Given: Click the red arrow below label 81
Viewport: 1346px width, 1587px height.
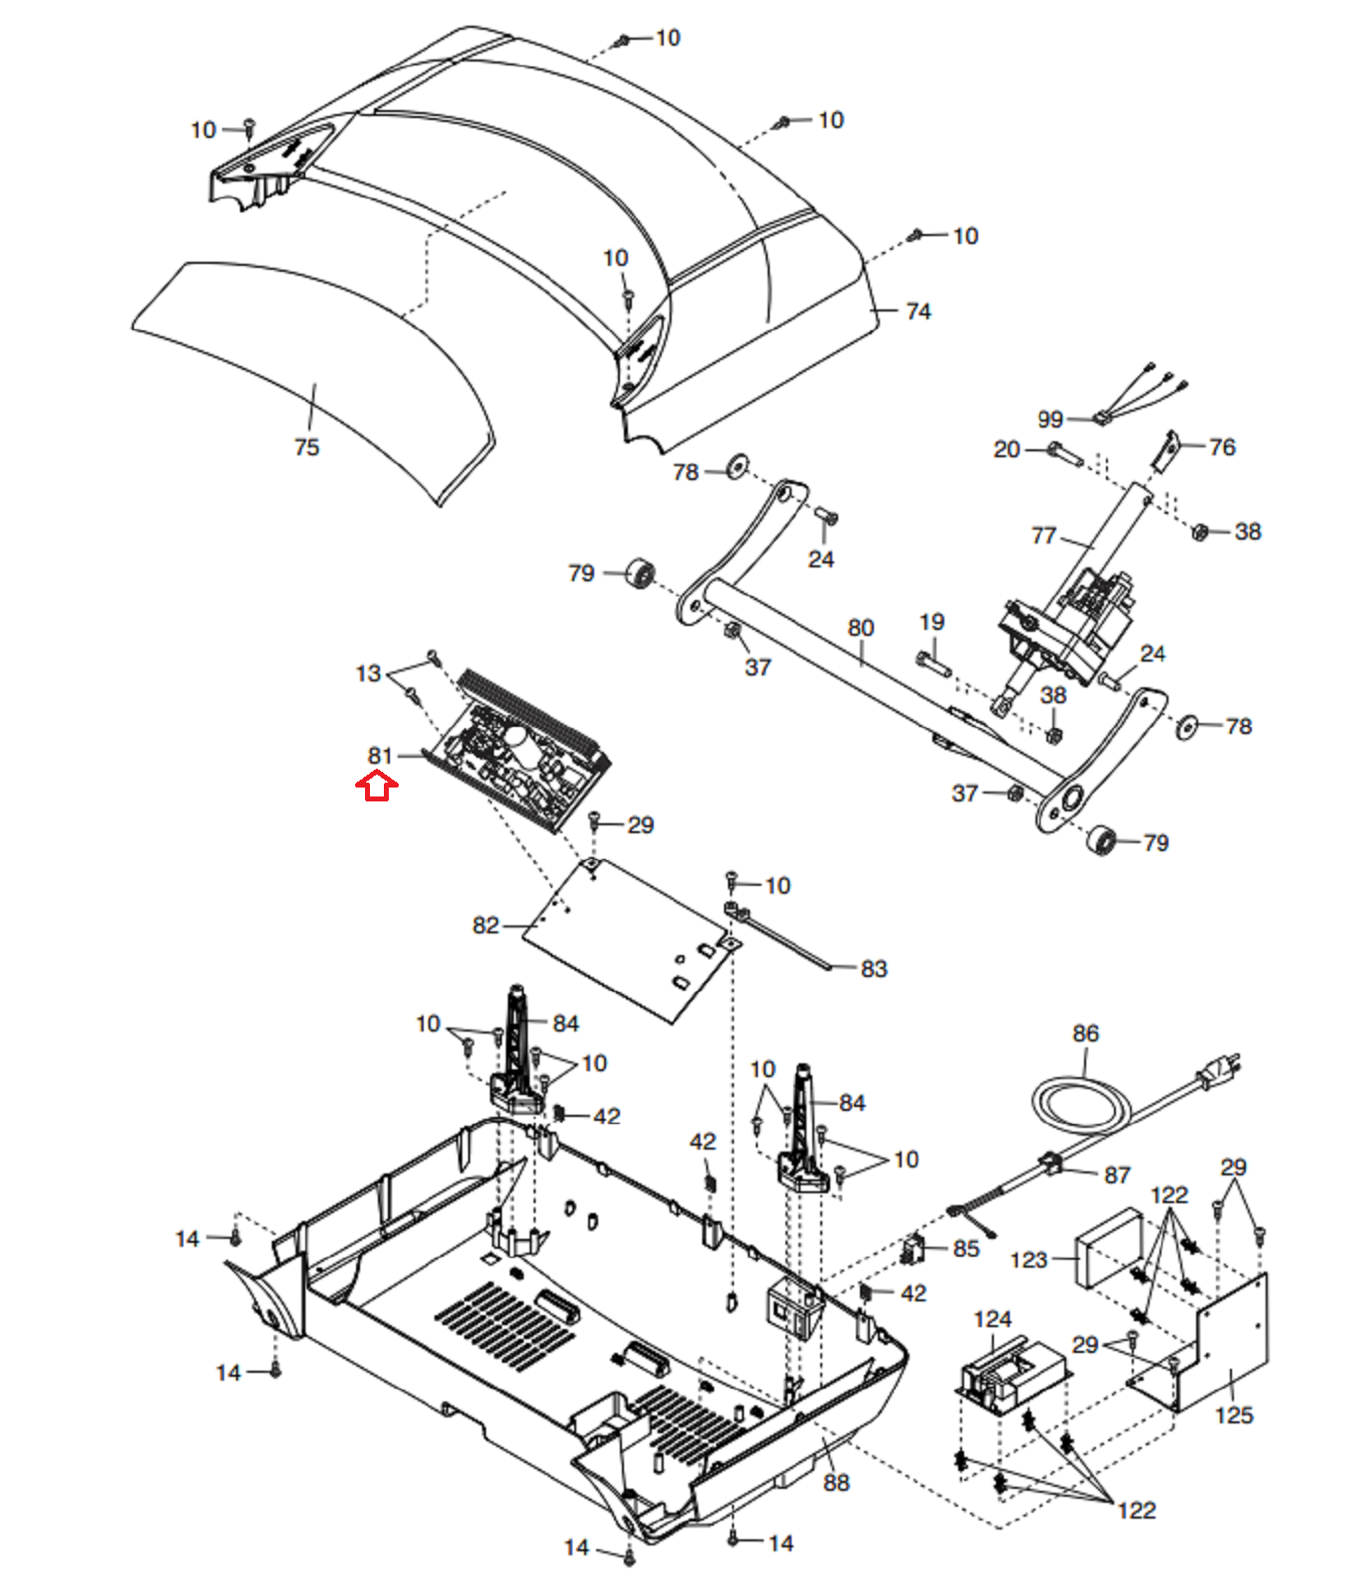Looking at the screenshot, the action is point(377,787).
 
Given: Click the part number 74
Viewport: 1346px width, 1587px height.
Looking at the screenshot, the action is point(918,311).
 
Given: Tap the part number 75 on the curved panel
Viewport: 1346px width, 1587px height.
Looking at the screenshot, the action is point(306,447).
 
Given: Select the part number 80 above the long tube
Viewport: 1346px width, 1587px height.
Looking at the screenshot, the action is point(861,628).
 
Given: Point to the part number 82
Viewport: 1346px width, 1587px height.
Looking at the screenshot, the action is point(486,925).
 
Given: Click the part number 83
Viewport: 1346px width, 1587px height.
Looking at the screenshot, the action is point(874,969).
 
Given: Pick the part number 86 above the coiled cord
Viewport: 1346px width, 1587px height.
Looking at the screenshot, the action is point(1086,1034).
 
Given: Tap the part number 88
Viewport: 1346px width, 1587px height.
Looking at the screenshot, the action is point(836,1483).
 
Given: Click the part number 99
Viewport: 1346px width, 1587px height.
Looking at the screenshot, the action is point(1050,420).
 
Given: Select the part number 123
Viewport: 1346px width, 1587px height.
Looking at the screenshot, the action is point(1029,1260).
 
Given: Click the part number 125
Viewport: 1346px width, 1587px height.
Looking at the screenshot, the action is point(1234,1415).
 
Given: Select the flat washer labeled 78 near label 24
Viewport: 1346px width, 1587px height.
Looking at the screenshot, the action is point(736,466).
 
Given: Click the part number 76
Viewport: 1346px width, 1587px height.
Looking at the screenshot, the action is point(1222,447).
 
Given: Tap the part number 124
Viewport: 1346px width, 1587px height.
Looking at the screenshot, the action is point(992,1319).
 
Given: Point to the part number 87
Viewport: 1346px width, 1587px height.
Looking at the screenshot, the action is point(1117,1175).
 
